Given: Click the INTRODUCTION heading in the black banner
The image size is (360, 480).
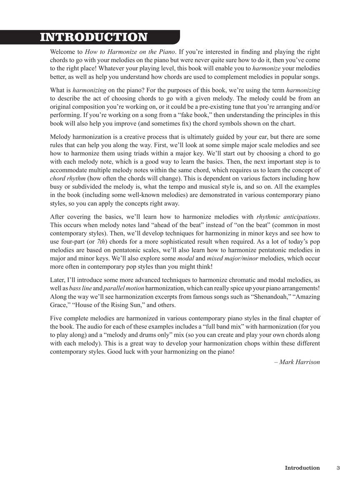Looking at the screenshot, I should [94, 37].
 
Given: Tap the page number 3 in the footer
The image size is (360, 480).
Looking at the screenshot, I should [338, 468].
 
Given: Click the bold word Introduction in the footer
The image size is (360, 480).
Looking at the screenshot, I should [302, 468].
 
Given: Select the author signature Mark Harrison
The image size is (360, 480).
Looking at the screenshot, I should [297, 362].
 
